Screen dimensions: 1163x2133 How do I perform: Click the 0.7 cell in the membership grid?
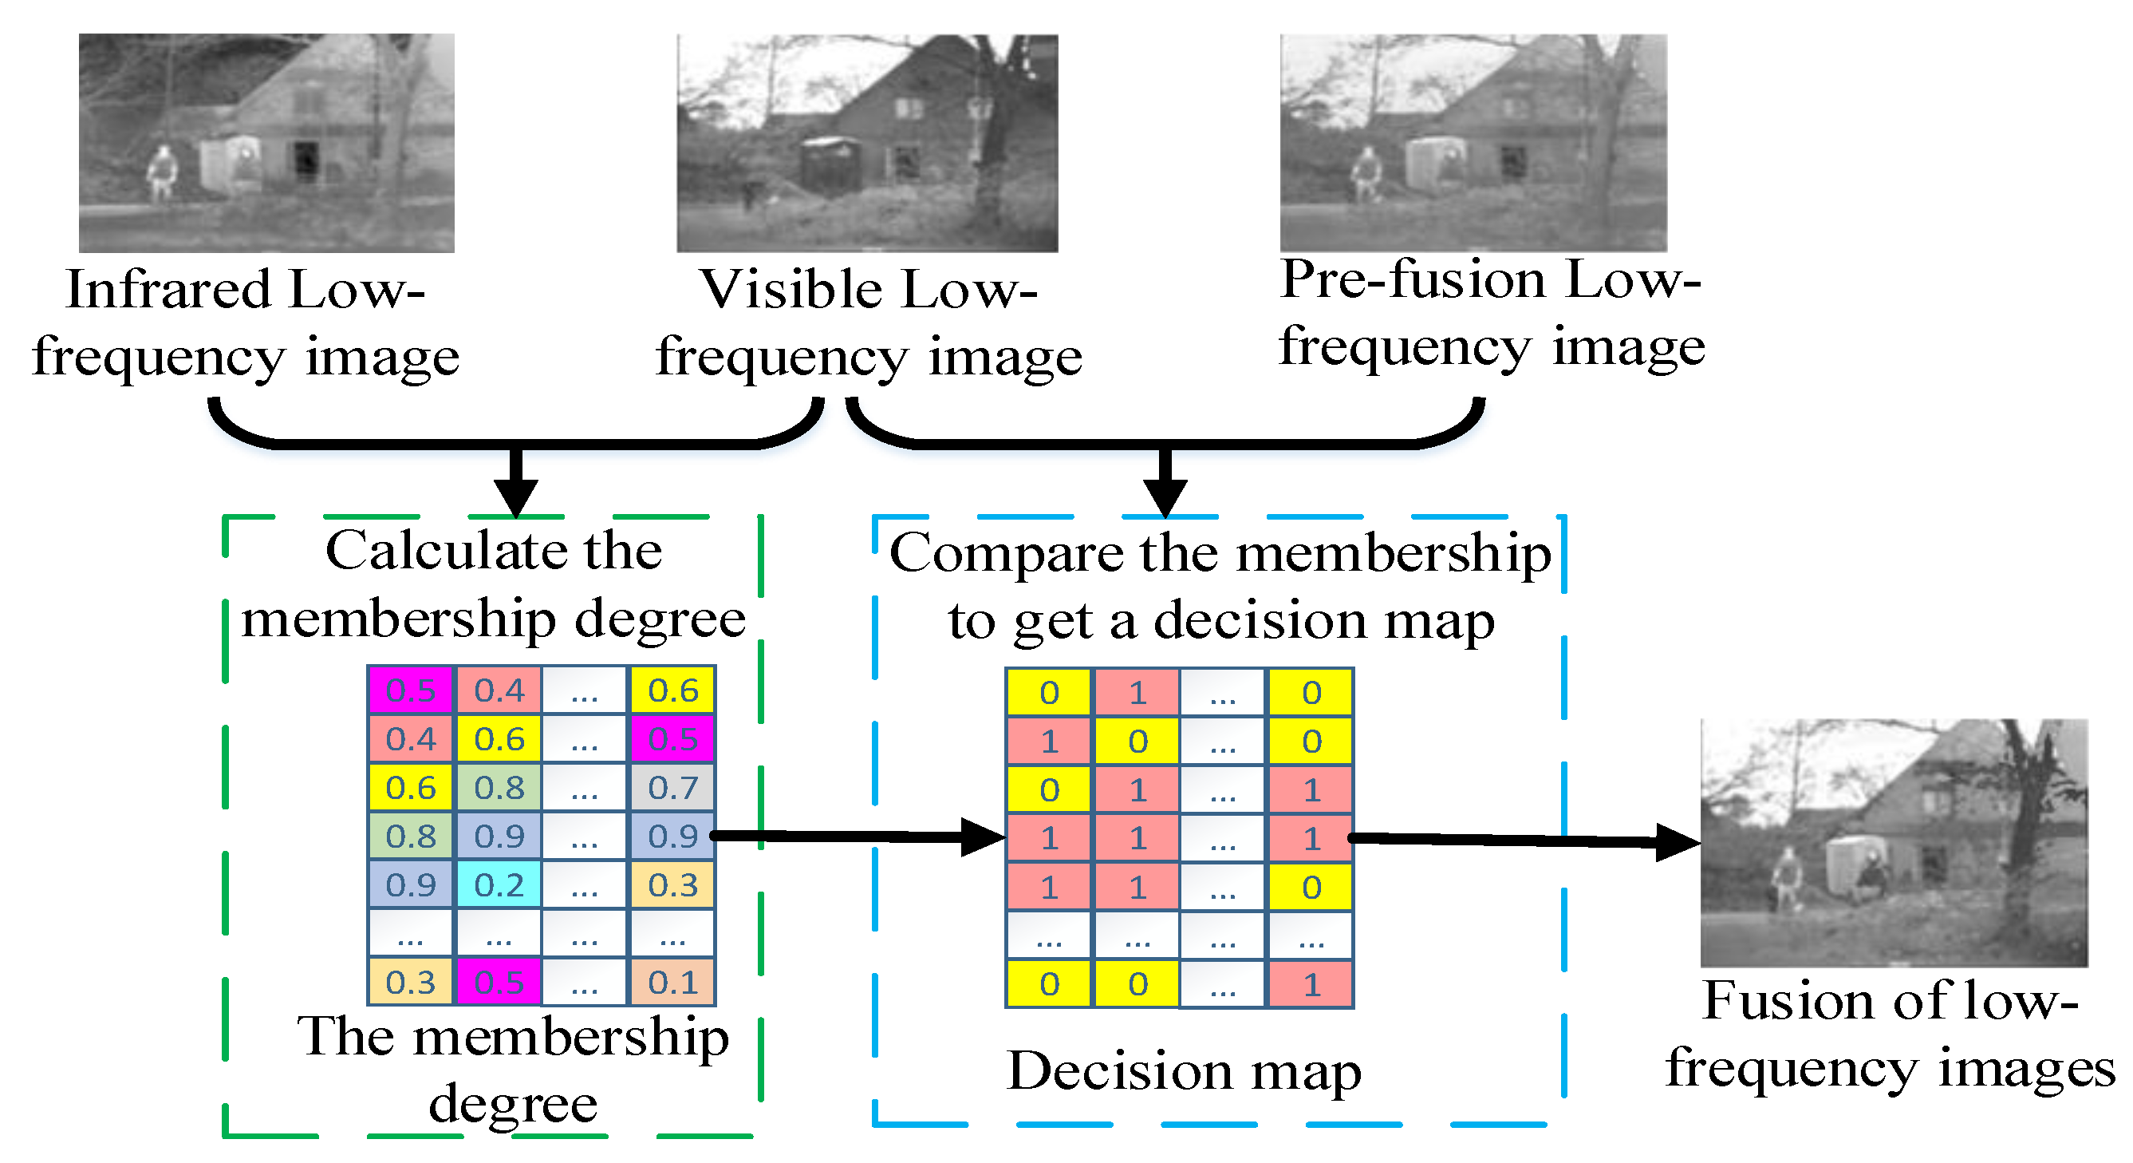(672, 787)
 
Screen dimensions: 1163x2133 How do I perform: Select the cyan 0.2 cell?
(499, 884)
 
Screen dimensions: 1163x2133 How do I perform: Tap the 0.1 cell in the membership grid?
(672, 982)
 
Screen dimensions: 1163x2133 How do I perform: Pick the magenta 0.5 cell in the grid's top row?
(411, 689)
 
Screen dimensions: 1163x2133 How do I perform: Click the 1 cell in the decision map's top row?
(1137, 692)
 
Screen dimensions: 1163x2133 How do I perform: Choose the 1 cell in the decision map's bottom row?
(1311, 984)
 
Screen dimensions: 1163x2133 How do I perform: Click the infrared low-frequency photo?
(266, 142)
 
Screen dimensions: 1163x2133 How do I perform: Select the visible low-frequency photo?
(867, 142)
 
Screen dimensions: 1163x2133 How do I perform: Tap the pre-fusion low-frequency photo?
(1473, 142)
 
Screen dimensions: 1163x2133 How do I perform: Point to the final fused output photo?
(1894, 841)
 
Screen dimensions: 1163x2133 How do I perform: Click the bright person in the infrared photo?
(163, 172)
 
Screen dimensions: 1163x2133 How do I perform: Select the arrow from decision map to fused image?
(1524, 841)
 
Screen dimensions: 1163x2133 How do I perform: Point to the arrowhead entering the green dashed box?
(516, 497)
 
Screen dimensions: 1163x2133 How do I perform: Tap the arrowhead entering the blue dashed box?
(1165, 497)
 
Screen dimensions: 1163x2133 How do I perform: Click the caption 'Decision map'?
(1183, 1070)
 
